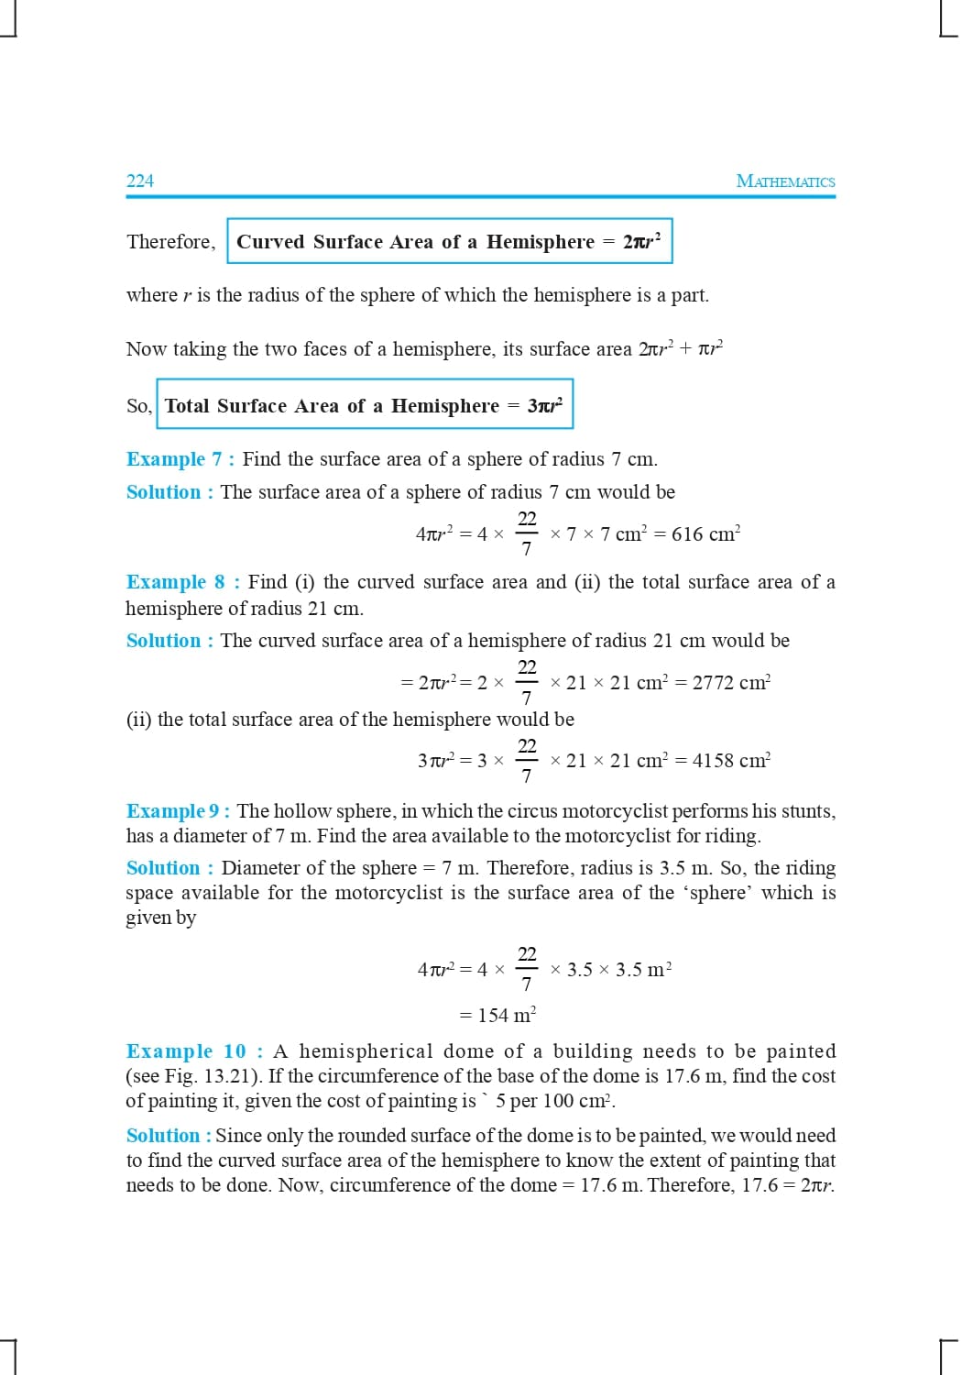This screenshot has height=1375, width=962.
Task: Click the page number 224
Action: pos(140,181)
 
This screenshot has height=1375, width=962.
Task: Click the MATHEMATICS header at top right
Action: pos(785,181)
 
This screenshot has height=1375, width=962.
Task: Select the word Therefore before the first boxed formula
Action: pos(170,242)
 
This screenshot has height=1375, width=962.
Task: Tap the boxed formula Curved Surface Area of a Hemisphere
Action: pos(449,241)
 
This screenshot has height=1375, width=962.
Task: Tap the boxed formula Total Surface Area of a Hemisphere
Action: pos(364,405)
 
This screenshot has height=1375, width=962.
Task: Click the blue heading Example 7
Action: pos(180,459)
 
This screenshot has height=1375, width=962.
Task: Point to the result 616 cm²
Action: pos(705,533)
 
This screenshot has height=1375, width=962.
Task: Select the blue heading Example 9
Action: pos(179,811)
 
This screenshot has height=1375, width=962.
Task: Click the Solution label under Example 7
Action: pos(169,492)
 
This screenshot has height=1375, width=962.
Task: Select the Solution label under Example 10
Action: pos(169,1136)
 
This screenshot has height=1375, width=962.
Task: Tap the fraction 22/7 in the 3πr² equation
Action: pos(527,760)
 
